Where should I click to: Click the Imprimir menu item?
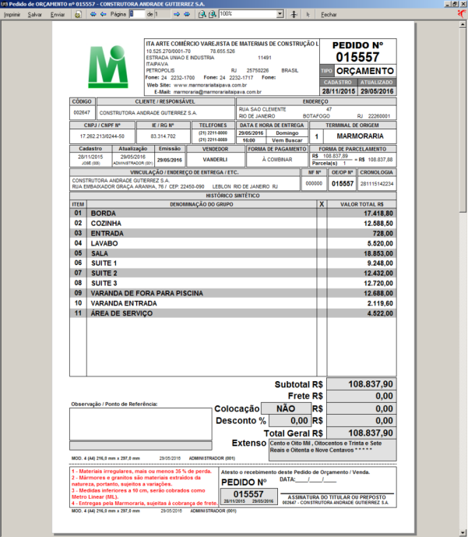tap(12, 15)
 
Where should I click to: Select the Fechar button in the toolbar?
tap(329, 15)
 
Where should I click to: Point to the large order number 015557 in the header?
tap(357, 58)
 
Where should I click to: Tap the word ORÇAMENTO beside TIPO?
tap(366, 71)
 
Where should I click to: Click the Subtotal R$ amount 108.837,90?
tap(360, 384)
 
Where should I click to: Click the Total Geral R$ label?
tap(294, 433)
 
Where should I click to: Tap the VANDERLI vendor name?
tap(209, 158)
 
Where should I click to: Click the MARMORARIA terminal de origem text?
tap(364, 136)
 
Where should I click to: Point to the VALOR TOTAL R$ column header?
tap(361, 203)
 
